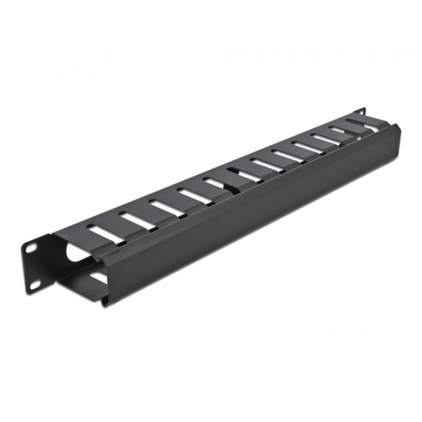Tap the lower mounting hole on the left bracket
pyautogui.click(x=33, y=284)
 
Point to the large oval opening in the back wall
pyautogui.click(x=74, y=254)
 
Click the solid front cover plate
pyautogui.click(x=253, y=211)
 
